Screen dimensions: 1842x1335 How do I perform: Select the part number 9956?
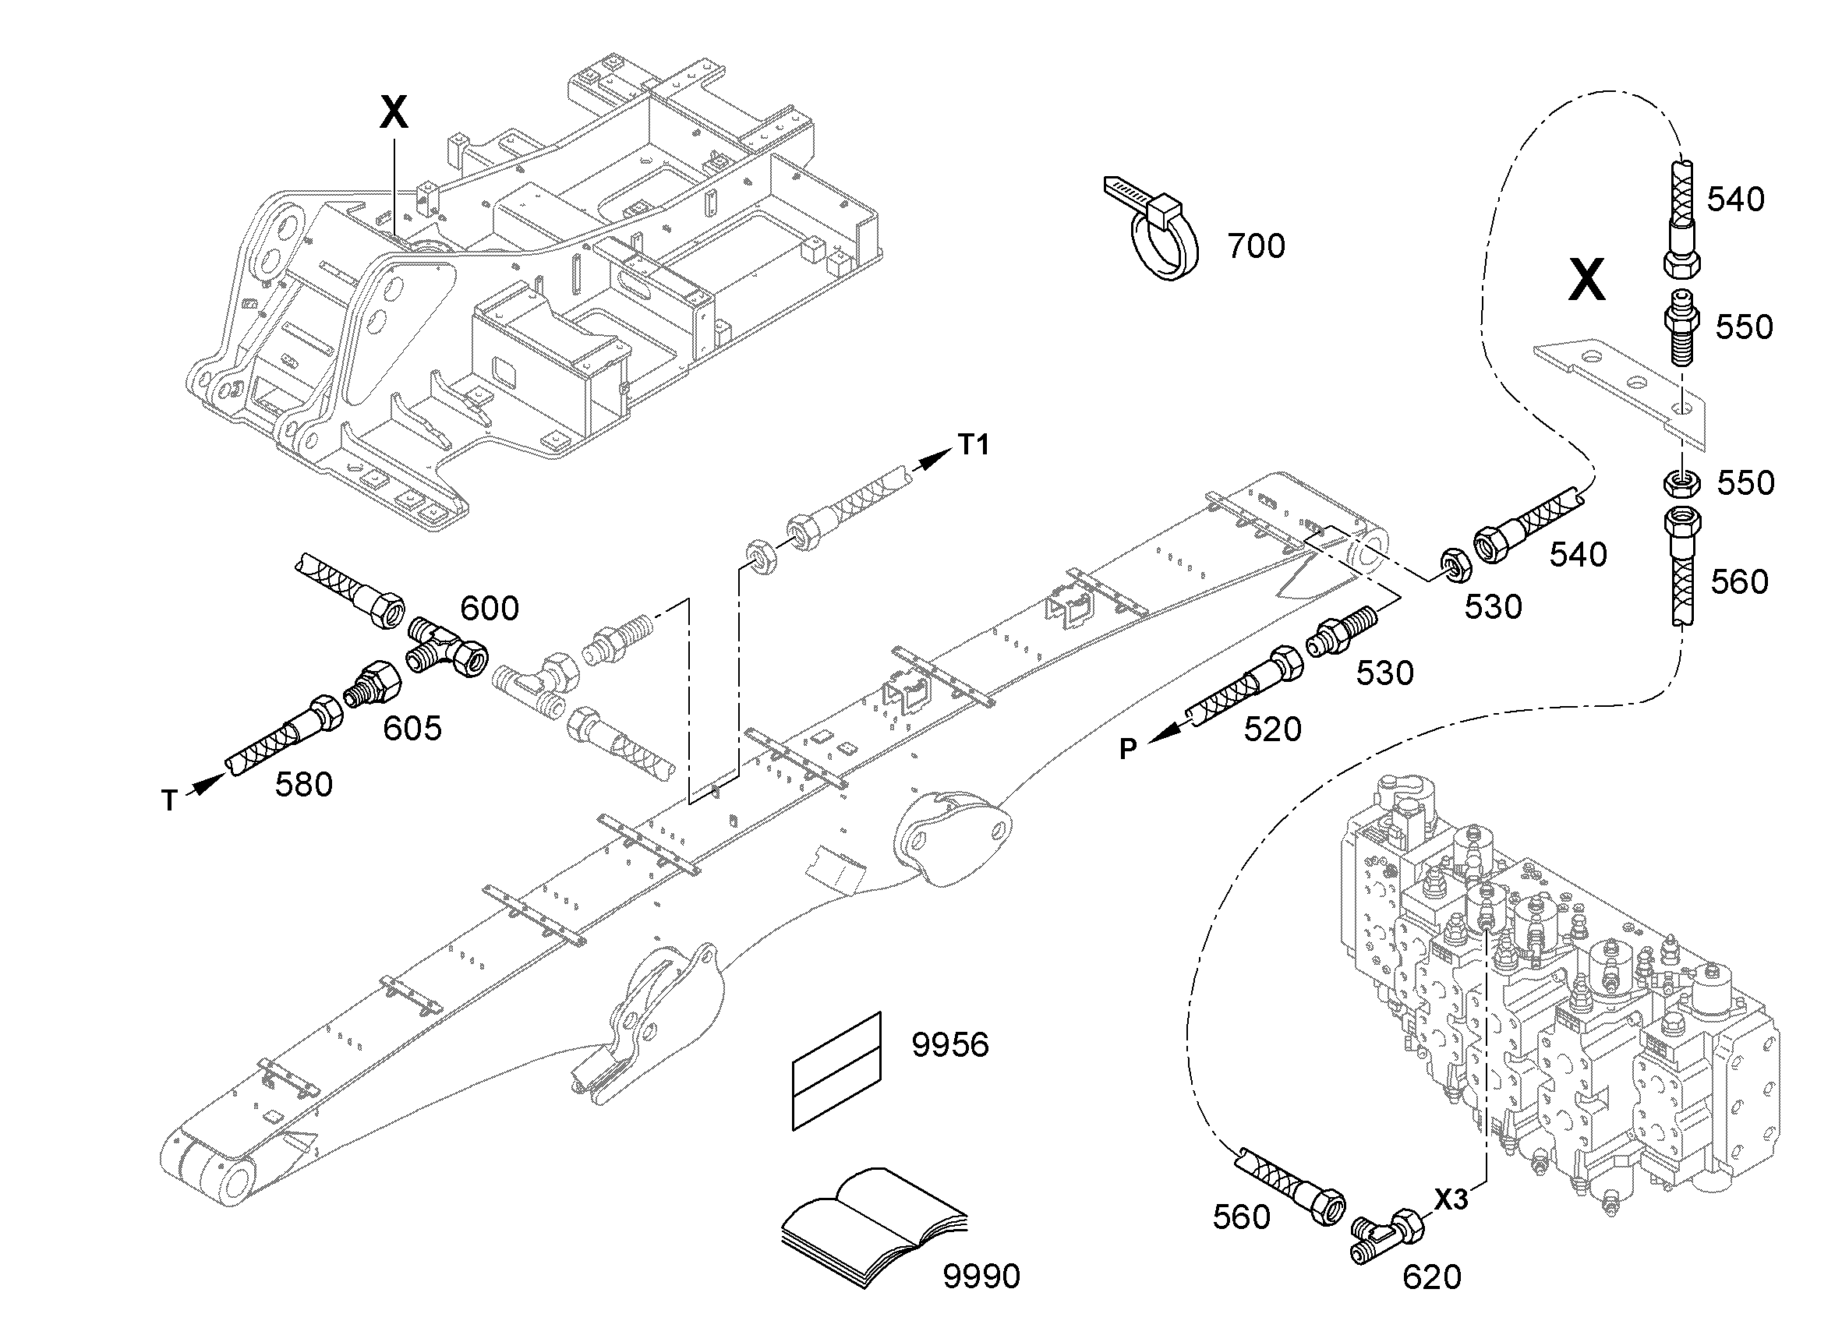[x=949, y=1045]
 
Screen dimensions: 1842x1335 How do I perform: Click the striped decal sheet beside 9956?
[x=836, y=1071]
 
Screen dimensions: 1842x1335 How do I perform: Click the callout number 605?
[x=412, y=729]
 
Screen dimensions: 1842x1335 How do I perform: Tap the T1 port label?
[x=973, y=444]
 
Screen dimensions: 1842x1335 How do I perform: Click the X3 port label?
[x=1451, y=1199]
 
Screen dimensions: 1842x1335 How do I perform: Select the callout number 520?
[x=1272, y=729]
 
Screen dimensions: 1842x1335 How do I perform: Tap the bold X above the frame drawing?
[x=394, y=112]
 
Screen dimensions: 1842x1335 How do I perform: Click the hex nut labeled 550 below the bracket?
[x=1681, y=485]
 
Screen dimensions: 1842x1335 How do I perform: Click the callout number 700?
[x=1256, y=246]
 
